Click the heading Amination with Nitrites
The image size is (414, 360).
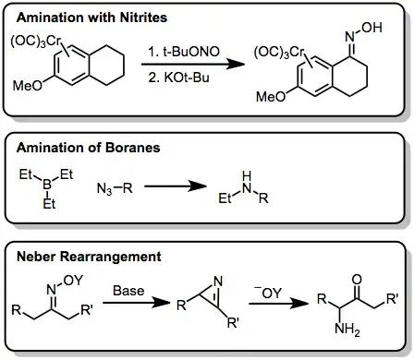91,18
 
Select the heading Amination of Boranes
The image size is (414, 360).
89,148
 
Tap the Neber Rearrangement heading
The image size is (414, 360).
89,257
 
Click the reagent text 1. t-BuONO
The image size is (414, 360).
184,52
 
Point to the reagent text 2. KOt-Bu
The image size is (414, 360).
178,78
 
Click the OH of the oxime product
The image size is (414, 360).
371,28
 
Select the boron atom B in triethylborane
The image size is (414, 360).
47,185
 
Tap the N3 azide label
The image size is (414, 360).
104,188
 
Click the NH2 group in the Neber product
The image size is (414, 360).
347,330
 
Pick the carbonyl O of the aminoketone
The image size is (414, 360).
357,280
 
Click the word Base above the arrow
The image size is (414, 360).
128,291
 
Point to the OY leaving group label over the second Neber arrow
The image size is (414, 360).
268,293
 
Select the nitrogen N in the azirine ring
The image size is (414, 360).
218,282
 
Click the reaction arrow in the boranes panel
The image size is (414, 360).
176,186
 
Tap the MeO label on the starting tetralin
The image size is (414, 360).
28,86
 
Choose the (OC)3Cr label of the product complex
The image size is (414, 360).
279,52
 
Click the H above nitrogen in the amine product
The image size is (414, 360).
247,176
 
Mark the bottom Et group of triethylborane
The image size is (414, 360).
49,204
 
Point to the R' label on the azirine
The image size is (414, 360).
233,323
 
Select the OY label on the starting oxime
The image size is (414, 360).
73,281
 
